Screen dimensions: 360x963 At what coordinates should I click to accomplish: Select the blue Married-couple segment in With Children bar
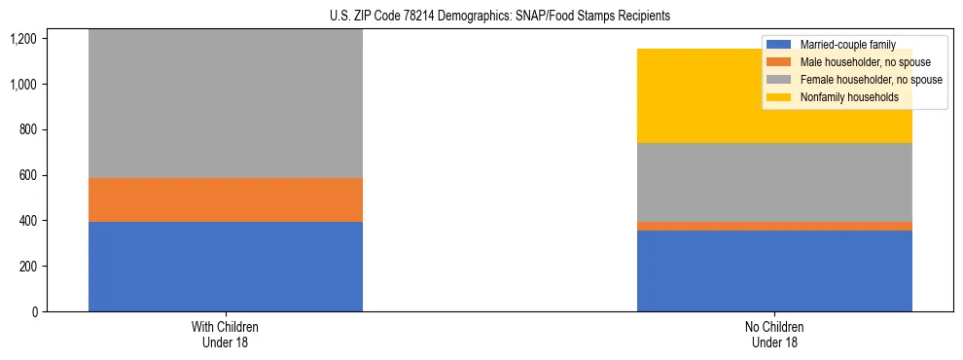(x=226, y=267)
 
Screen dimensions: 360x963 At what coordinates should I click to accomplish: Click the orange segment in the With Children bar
(x=226, y=199)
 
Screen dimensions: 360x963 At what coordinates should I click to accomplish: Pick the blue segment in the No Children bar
(x=774, y=271)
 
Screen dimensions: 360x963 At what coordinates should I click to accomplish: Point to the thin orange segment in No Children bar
(x=774, y=226)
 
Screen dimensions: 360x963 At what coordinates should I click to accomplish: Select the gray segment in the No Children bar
(x=774, y=182)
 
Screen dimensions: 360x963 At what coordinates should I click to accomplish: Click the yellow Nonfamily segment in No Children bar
(x=774, y=96)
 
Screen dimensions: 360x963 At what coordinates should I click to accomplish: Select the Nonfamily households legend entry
(x=842, y=97)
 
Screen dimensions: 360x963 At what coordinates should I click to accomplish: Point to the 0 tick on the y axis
(x=34, y=312)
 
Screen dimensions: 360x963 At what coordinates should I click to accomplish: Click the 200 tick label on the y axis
(x=26, y=267)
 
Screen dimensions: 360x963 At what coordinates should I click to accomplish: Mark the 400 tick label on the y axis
(x=26, y=221)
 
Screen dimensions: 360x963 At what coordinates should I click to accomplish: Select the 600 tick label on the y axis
(x=26, y=175)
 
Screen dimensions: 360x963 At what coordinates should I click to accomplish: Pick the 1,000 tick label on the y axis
(x=22, y=85)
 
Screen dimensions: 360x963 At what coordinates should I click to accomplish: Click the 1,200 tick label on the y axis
(x=22, y=39)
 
